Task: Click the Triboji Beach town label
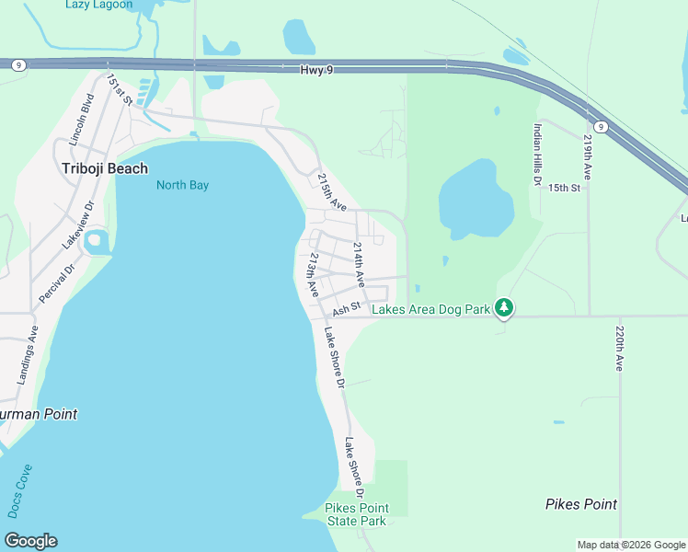pyautogui.click(x=104, y=167)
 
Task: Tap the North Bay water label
pyautogui.click(x=182, y=185)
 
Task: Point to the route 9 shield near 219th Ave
pyautogui.click(x=599, y=126)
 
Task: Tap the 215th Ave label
pyautogui.click(x=331, y=191)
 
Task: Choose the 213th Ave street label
pyautogui.click(x=314, y=274)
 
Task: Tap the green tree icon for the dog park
pyautogui.click(x=503, y=308)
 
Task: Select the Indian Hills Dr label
pyautogui.click(x=537, y=155)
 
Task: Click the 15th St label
pyautogui.click(x=565, y=188)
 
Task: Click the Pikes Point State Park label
pyautogui.click(x=358, y=514)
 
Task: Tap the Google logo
pyautogui.click(x=30, y=541)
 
